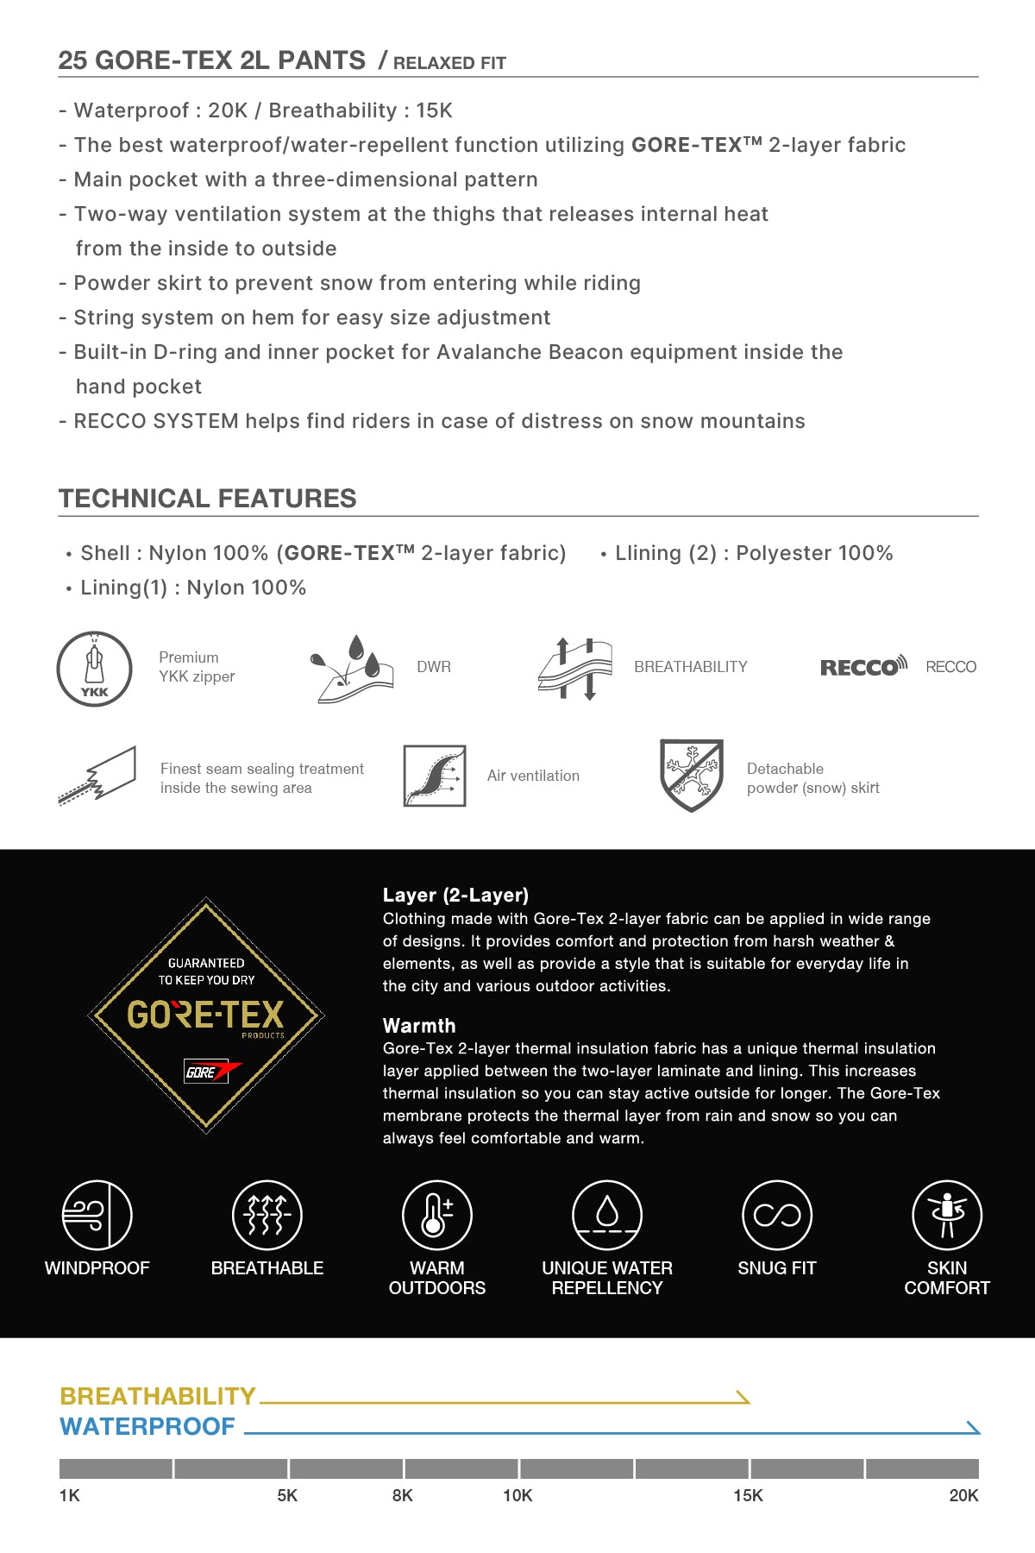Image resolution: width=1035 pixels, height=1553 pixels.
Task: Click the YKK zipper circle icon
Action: [94, 669]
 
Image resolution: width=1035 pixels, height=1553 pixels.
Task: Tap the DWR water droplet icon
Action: [351, 669]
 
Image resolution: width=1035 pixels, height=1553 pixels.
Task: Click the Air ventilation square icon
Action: [435, 776]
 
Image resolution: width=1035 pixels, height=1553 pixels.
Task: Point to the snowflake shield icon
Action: [691, 775]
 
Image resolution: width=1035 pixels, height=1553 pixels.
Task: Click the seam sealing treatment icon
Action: [97, 776]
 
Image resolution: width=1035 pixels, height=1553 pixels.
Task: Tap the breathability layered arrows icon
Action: [574, 669]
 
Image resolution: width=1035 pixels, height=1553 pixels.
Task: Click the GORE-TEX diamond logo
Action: [206, 1015]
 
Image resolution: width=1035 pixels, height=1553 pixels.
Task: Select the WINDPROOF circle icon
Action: [97, 1215]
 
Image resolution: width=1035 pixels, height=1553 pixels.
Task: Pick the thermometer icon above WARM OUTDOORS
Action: [437, 1215]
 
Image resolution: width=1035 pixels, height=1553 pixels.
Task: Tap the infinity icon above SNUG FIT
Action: [777, 1215]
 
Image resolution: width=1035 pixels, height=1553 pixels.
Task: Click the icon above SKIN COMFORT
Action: [947, 1215]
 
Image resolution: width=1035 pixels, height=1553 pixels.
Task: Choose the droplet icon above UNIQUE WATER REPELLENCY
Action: [607, 1215]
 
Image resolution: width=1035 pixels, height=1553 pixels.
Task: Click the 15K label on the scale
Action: [748, 1495]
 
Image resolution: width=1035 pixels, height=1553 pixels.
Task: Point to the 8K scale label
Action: [403, 1495]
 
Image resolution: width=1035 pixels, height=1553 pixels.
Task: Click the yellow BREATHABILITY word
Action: [158, 1396]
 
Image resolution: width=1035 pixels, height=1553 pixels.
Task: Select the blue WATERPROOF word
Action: [147, 1426]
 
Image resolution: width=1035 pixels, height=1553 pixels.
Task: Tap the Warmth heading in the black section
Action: [419, 1026]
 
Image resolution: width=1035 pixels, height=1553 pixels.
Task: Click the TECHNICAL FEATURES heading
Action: [208, 499]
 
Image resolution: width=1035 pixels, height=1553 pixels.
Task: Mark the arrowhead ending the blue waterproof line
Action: [975, 1428]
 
